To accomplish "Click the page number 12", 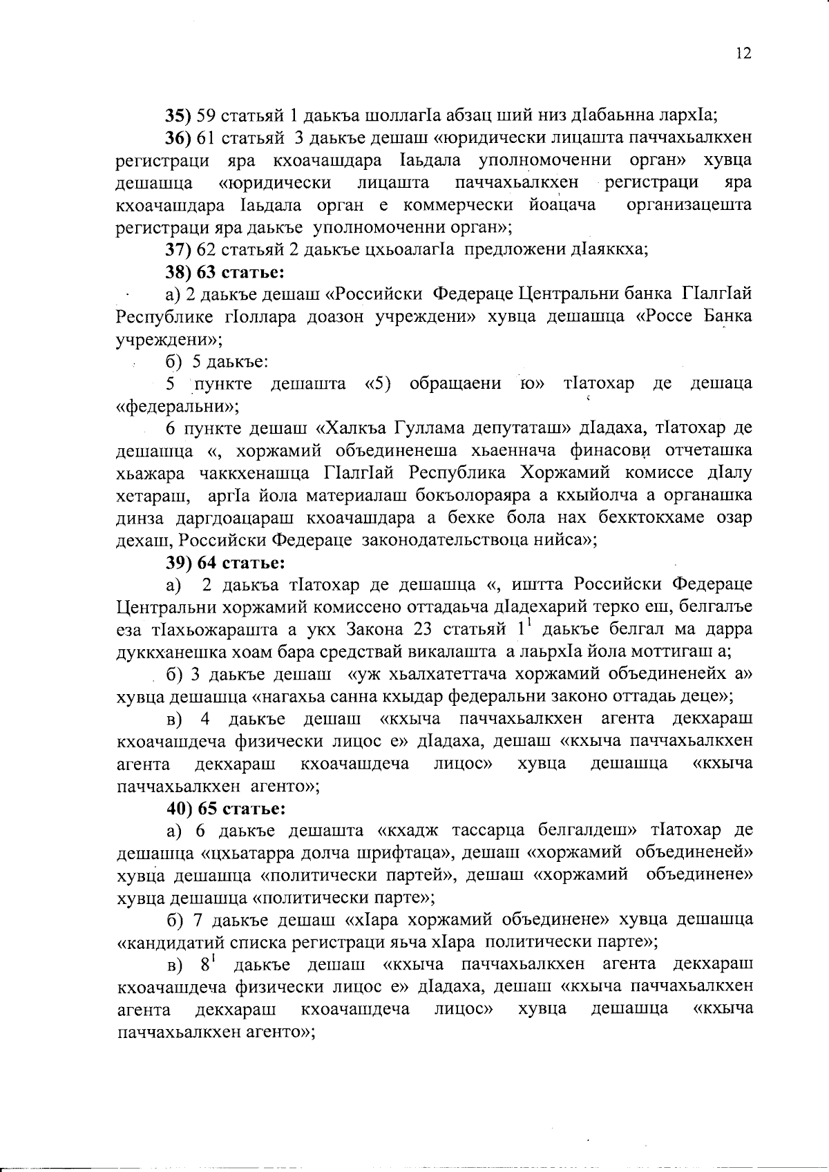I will click(x=743, y=54).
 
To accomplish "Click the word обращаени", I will click(x=455, y=383).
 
